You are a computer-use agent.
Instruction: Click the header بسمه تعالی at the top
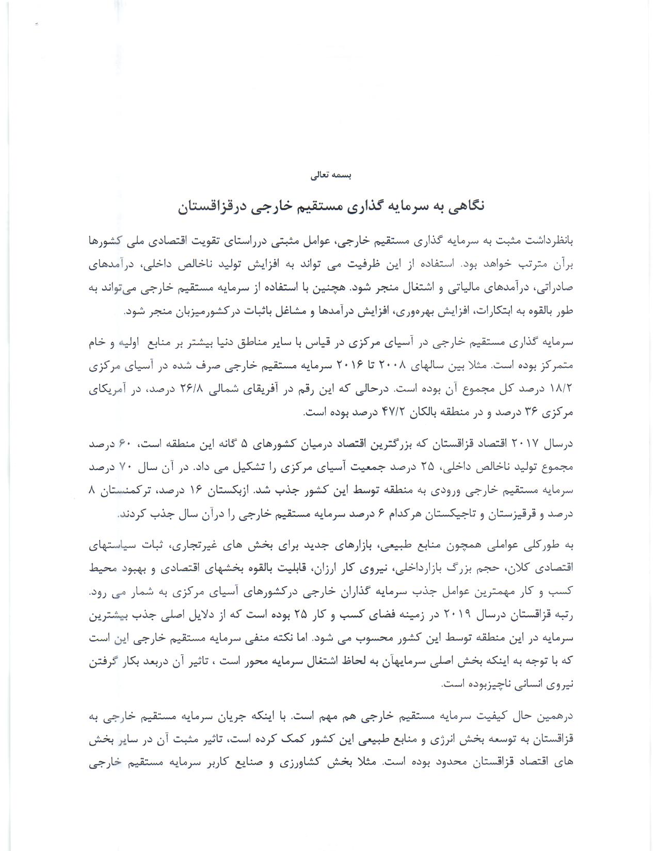tap(331, 175)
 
